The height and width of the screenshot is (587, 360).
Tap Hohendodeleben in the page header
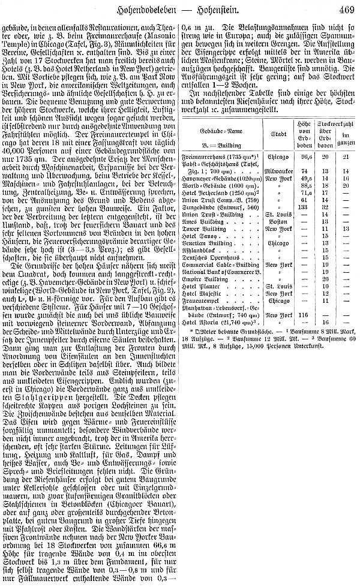click(x=153, y=8)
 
